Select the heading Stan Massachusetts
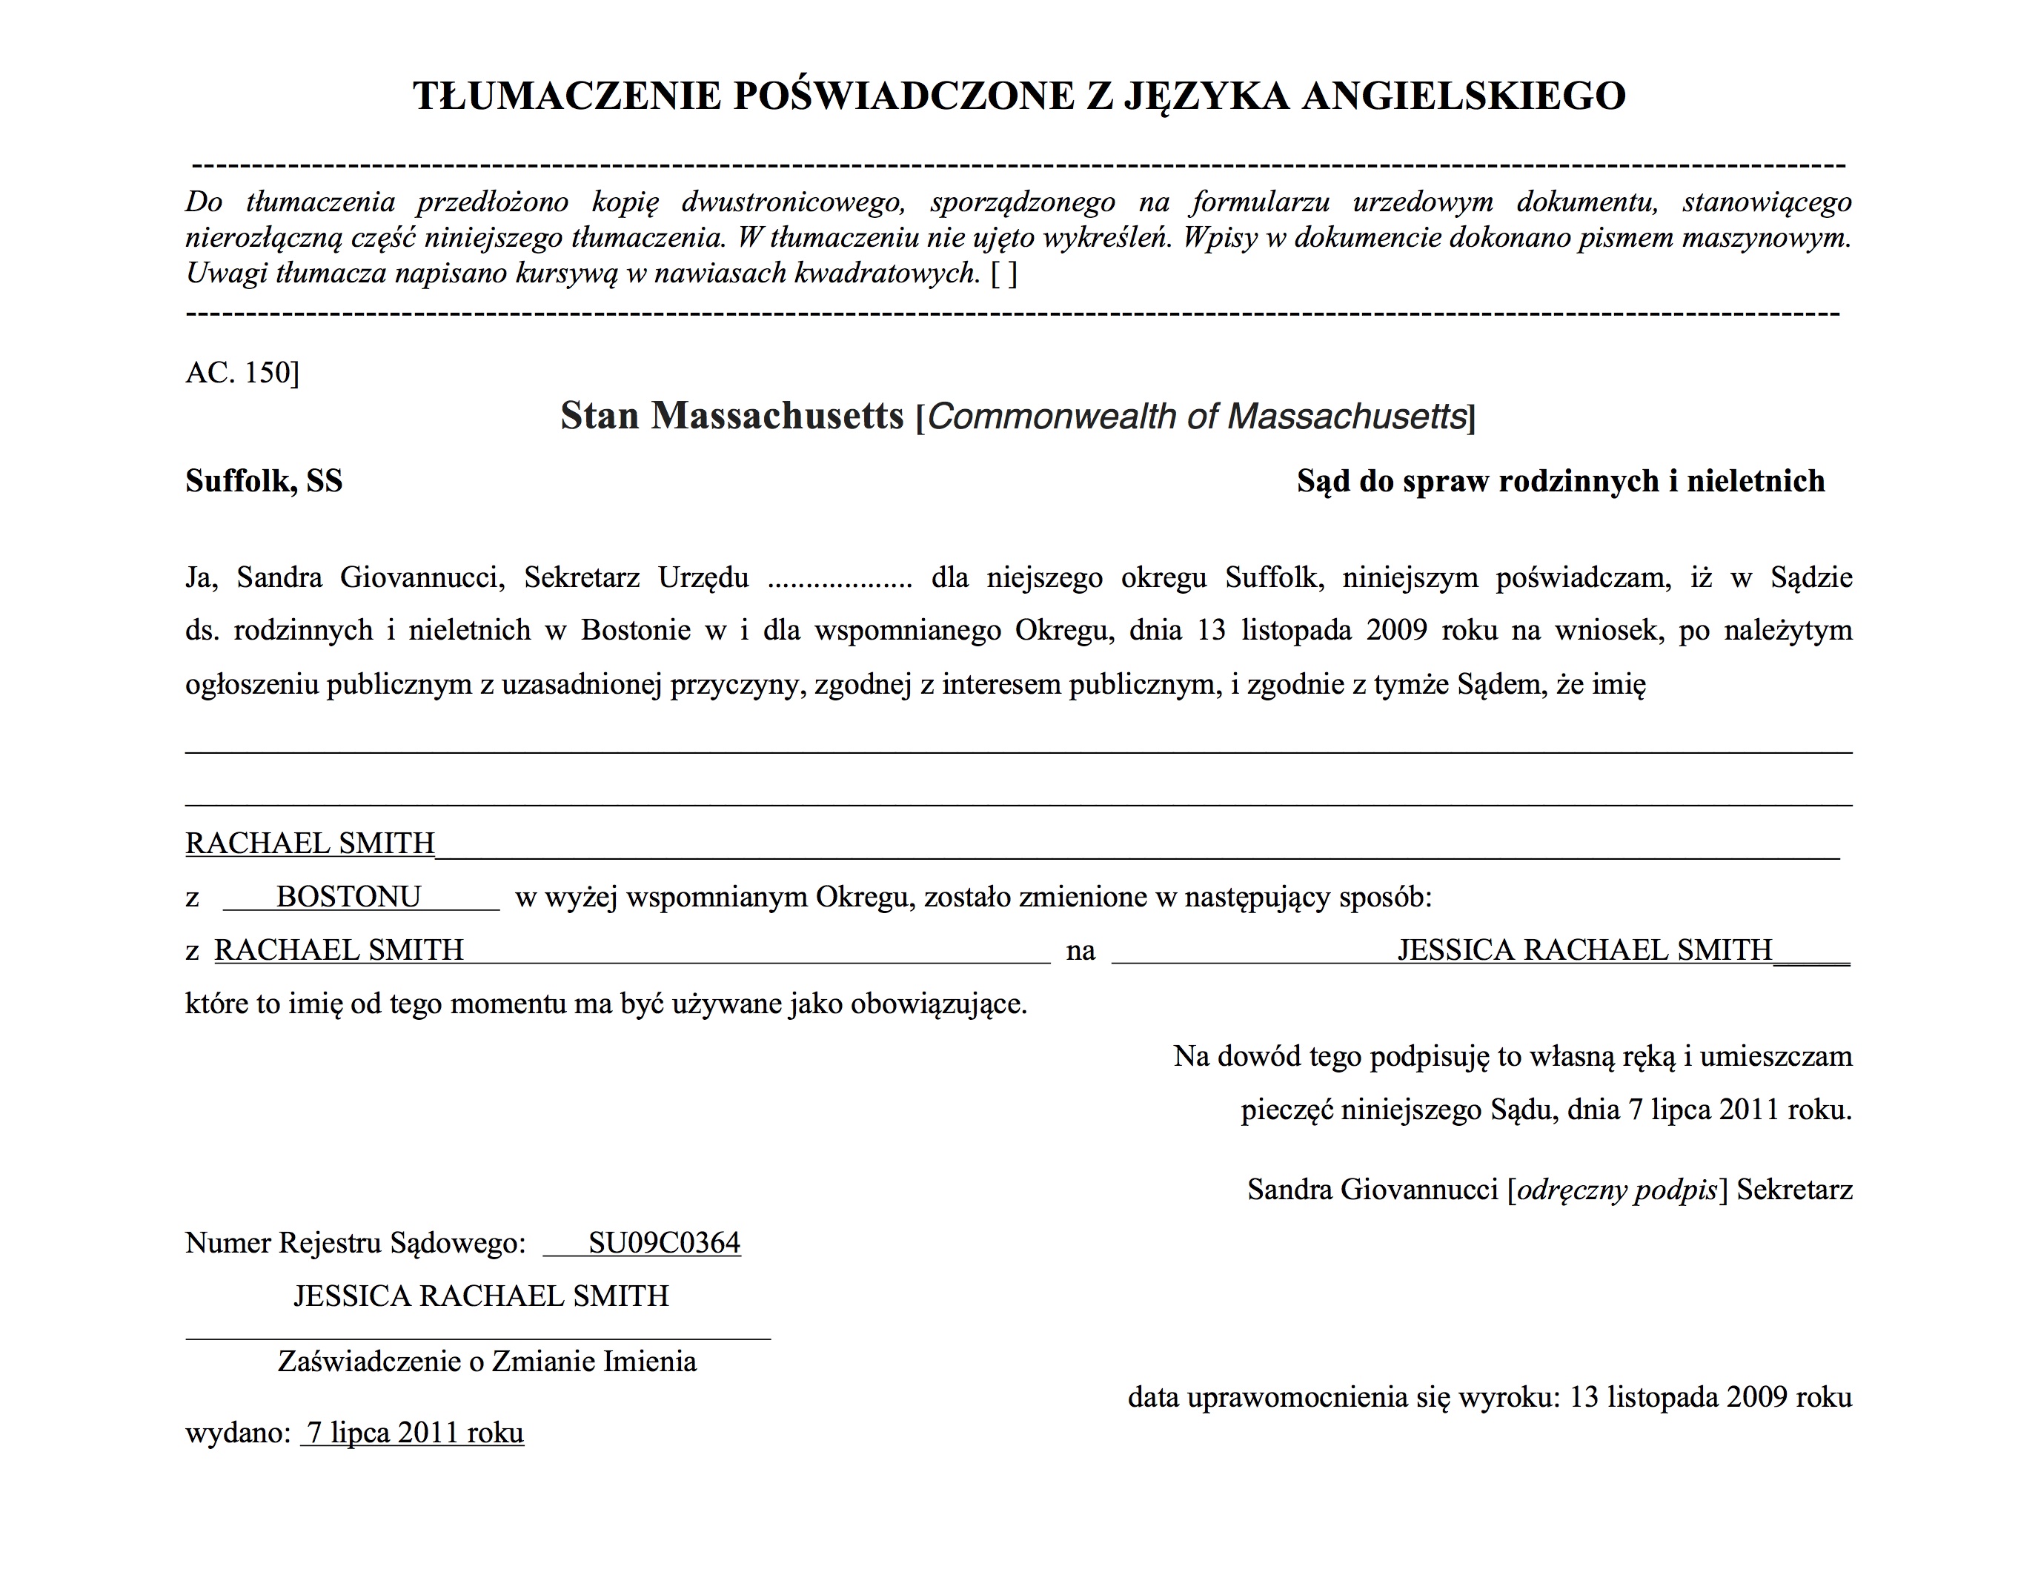click(731, 416)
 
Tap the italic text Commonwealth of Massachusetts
click(1197, 416)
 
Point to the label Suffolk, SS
click(264, 482)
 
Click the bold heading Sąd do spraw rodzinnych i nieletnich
click(1560, 482)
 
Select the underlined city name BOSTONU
click(348, 897)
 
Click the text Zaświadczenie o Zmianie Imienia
click(487, 1362)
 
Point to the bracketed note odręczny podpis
click(1617, 1190)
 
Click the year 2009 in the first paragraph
click(1396, 631)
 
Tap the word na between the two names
click(1081, 951)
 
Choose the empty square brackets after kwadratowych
click(1004, 273)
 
